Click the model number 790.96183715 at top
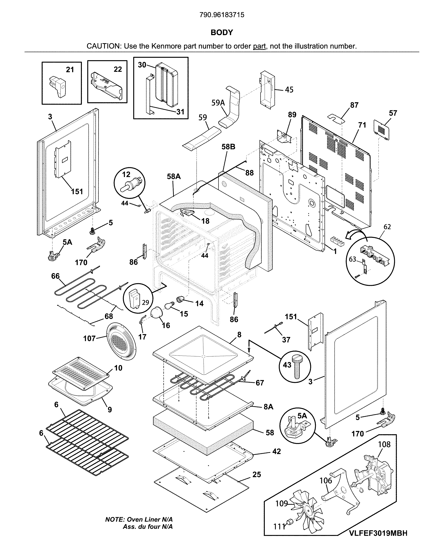click(222, 15)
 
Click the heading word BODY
click(222, 33)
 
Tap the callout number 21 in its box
click(70, 70)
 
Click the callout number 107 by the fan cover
click(89, 339)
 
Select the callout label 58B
click(228, 147)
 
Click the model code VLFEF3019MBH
click(378, 540)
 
